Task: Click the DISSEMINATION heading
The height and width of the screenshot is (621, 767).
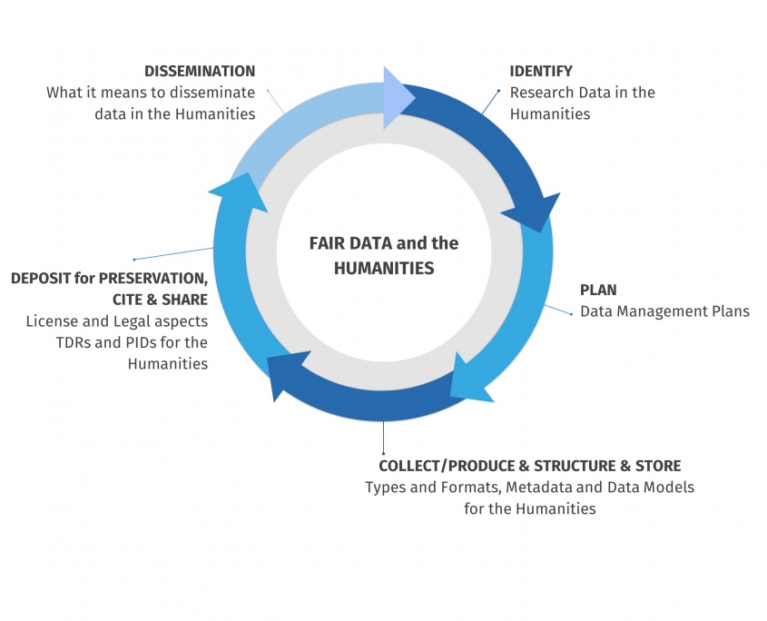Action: pyautogui.click(x=200, y=71)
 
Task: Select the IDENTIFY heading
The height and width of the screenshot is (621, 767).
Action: pyautogui.click(x=541, y=71)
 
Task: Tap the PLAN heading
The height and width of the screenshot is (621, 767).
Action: pyautogui.click(x=598, y=291)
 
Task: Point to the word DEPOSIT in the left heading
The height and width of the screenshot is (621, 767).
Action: pyautogui.click(x=42, y=277)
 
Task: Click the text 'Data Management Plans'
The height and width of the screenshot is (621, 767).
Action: pyautogui.click(x=665, y=312)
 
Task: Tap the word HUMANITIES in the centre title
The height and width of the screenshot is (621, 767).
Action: pyautogui.click(x=384, y=268)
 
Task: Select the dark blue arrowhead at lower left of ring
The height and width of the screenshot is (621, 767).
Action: pyautogui.click(x=287, y=373)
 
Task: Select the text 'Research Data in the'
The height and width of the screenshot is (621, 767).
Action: pyautogui.click(x=582, y=93)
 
